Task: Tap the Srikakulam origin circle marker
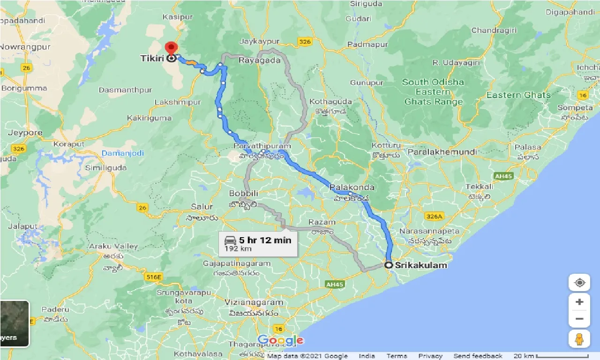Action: [389, 265]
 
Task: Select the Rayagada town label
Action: [259, 60]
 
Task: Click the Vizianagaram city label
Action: [254, 303]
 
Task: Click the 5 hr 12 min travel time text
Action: [265, 240]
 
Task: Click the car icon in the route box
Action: [231, 240]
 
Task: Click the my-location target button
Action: [579, 283]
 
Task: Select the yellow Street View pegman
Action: [579, 338]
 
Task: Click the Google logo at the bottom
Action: [280, 341]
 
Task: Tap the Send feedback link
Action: [478, 356]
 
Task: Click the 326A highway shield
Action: [434, 217]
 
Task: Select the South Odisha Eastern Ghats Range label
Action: [433, 92]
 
